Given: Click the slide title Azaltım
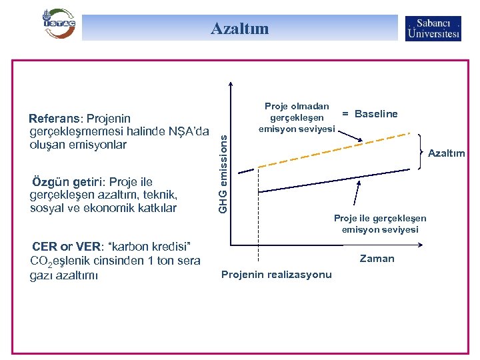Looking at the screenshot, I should pos(239,28).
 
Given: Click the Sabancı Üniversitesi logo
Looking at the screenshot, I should pos(433,28).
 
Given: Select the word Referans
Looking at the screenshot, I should pos(54,119).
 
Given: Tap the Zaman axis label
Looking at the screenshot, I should pos(377,259).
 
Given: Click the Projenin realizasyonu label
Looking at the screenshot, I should pos(276,275).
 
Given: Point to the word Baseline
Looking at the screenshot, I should pos(376,114).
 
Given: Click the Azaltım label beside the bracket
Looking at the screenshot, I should pos(446,153).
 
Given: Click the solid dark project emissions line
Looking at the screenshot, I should pos(327,184).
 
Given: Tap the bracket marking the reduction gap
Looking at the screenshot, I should pos(420,153).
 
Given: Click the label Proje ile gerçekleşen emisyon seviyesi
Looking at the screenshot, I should pos(380,224).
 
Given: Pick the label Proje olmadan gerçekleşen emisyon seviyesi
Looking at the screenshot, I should pos(297,117).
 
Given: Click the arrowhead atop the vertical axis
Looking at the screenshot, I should pos(231,84).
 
